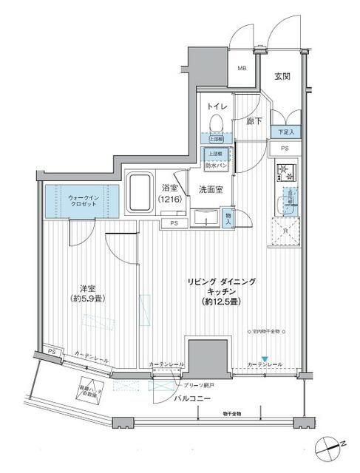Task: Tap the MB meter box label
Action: [241, 68]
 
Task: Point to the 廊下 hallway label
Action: [254, 120]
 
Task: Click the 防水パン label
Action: [216, 166]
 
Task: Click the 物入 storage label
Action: [229, 217]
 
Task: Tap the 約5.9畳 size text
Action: [86, 300]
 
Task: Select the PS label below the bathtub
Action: [174, 222]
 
